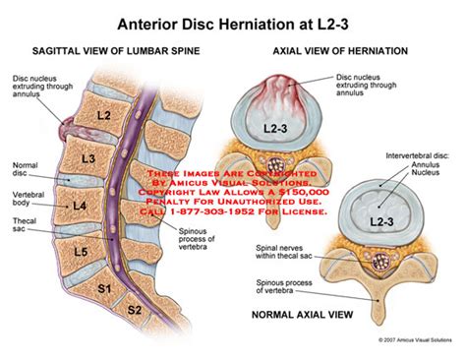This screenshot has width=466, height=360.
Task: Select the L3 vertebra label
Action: pyautogui.click(x=89, y=158)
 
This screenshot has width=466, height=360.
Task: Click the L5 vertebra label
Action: pyautogui.click(x=82, y=251)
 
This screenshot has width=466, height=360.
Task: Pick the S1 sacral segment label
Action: pyautogui.click(x=101, y=289)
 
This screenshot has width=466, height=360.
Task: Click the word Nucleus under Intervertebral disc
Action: pyautogui.click(x=426, y=176)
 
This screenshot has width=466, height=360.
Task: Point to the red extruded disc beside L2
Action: pyautogui.click(x=68, y=127)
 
